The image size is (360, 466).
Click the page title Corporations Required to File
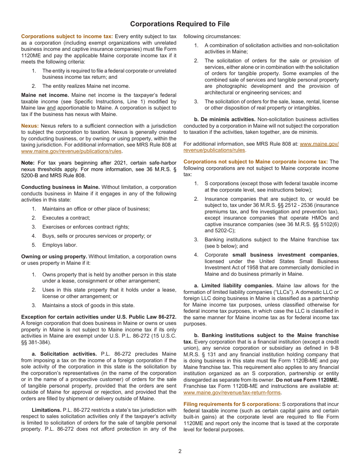(x=180, y=24)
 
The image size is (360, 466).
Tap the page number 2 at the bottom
(x=180, y=451)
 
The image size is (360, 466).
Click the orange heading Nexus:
(x=30, y=125)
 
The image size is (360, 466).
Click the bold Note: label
(x=28, y=163)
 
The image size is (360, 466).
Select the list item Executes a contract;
(x=66, y=218)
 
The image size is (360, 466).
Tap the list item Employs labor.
(x=60, y=245)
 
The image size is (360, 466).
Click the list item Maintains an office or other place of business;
(x=96, y=209)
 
